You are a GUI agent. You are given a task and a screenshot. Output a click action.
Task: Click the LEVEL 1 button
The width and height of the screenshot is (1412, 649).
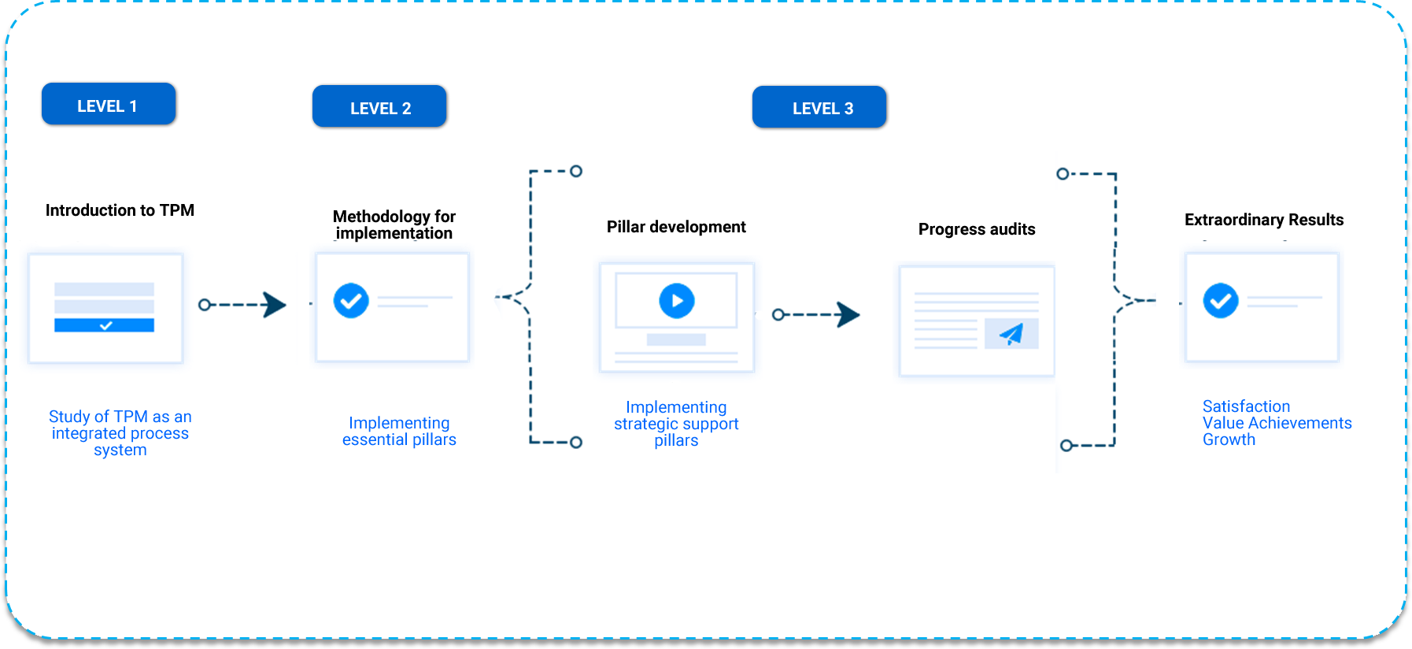108,105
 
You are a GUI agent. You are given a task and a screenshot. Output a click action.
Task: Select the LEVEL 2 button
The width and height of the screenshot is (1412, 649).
379,107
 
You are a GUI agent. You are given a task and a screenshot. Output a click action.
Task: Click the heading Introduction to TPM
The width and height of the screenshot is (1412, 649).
120,210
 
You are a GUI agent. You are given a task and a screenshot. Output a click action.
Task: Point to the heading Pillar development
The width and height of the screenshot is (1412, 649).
676,227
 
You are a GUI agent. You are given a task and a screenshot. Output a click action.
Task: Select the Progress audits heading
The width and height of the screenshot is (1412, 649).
977,229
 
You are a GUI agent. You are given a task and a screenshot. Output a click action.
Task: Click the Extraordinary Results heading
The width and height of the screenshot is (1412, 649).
1264,220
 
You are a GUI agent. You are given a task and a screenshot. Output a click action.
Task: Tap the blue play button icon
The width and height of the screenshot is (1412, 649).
677,300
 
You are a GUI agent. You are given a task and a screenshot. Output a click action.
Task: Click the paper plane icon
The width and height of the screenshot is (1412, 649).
1011,334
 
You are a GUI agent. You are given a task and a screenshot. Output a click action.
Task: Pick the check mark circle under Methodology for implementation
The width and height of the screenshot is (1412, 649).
351,300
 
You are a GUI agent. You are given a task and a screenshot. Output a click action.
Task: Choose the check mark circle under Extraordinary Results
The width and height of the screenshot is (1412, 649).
1221,300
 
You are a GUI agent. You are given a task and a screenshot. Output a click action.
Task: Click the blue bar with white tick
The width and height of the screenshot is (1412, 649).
104,325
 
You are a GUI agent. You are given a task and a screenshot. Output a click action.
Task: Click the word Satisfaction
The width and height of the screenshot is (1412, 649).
1246,406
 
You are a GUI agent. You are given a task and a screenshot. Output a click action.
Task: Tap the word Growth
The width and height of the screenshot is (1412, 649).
1229,439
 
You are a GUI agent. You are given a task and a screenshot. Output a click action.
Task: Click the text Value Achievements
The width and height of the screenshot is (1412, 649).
1277,423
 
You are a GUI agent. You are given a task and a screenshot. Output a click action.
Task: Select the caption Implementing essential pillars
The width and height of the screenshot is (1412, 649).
399,431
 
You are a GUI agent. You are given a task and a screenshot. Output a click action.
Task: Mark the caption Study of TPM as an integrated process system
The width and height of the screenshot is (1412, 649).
120,432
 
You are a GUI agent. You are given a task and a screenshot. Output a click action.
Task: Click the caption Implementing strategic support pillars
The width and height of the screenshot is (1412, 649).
676,424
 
